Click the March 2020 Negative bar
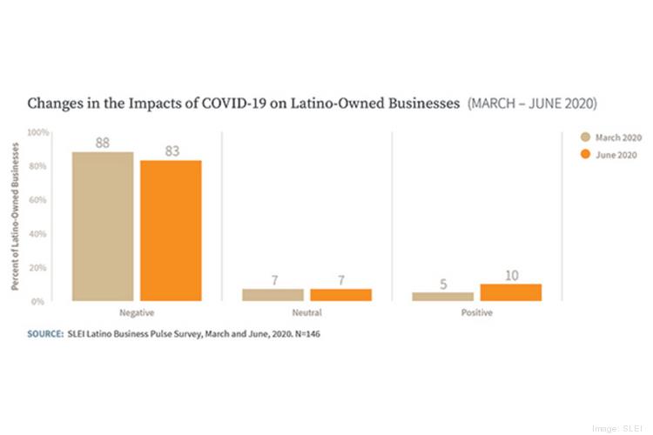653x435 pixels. click(103, 226)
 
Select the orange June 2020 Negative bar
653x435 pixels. click(171, 231)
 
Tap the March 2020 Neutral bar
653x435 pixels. click(273, 295)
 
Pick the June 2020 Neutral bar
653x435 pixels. click(340, 295)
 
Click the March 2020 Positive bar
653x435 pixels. click(443, 297)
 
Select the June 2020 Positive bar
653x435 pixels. click(511, 292)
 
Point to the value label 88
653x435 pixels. click(103, 143)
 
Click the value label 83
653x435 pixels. click(171, 151)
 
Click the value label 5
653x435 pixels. click(443, 284)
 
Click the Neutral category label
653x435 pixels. click(306, 311)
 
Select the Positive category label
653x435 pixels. click(477, 311)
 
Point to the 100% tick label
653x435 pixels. click(38, 132)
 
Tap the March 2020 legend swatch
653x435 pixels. click(585, 137)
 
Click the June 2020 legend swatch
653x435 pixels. click(585, 154)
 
